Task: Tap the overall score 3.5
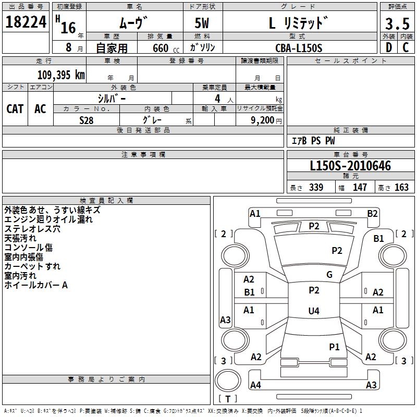coord(396,24)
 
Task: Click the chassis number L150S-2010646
coord(350,166)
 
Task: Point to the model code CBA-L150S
coord(299,48)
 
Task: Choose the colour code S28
coord(87,120)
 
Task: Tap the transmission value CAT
coord(15,108)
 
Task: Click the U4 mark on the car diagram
coord(313,311)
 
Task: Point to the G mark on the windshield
coord(329,275)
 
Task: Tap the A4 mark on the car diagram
coord(255,385)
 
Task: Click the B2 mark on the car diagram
coord(372,213)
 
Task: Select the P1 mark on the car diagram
coord(334,347)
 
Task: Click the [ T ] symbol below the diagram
coord(228,399)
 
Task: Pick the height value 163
coord(401,188)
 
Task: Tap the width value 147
coord(360,188)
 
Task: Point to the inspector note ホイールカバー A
coord(36,285)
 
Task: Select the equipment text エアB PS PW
coord(313,140)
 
